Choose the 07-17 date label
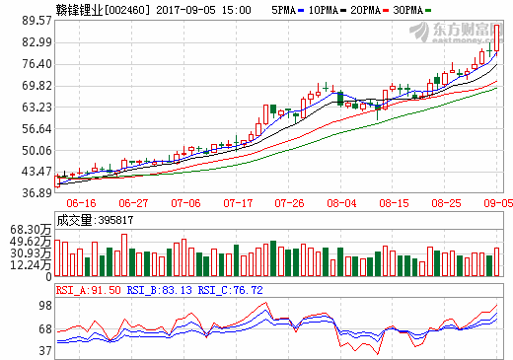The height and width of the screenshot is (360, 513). [x=238, y=203]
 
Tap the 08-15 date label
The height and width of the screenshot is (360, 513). [x=396, y=203]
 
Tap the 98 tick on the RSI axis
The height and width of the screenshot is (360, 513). [x=43, y=305]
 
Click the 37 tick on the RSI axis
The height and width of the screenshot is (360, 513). [x=43, y=350]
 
